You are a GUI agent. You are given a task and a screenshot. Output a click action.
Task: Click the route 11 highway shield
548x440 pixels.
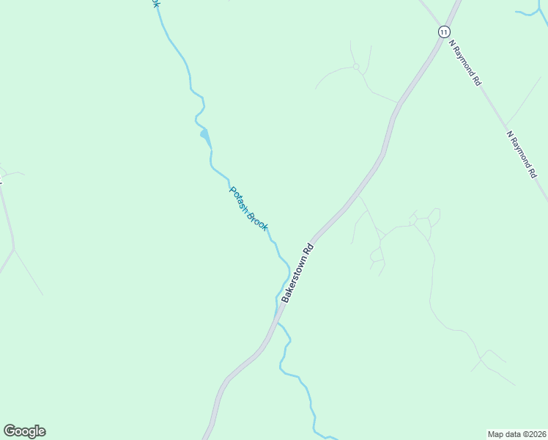[444, 32]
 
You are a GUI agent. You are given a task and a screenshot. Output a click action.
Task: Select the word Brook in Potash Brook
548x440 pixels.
[257, 221]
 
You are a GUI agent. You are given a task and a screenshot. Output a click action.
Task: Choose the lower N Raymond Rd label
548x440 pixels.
[522, 155]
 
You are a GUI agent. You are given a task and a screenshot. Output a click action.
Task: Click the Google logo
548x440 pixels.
[25, 431]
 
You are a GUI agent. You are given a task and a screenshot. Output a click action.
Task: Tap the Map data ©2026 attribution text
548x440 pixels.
[516, 433]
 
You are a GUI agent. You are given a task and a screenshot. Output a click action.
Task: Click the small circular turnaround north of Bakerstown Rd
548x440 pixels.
[356, 67]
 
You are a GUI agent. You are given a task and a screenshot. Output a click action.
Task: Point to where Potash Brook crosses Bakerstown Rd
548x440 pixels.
[277, 317]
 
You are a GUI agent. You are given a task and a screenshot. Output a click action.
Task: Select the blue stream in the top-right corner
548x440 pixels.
[531, 11]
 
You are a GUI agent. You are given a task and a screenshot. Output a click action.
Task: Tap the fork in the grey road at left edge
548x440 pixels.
[13, 249]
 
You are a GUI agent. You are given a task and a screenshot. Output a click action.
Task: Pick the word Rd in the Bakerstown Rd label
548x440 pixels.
[315, 249]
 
